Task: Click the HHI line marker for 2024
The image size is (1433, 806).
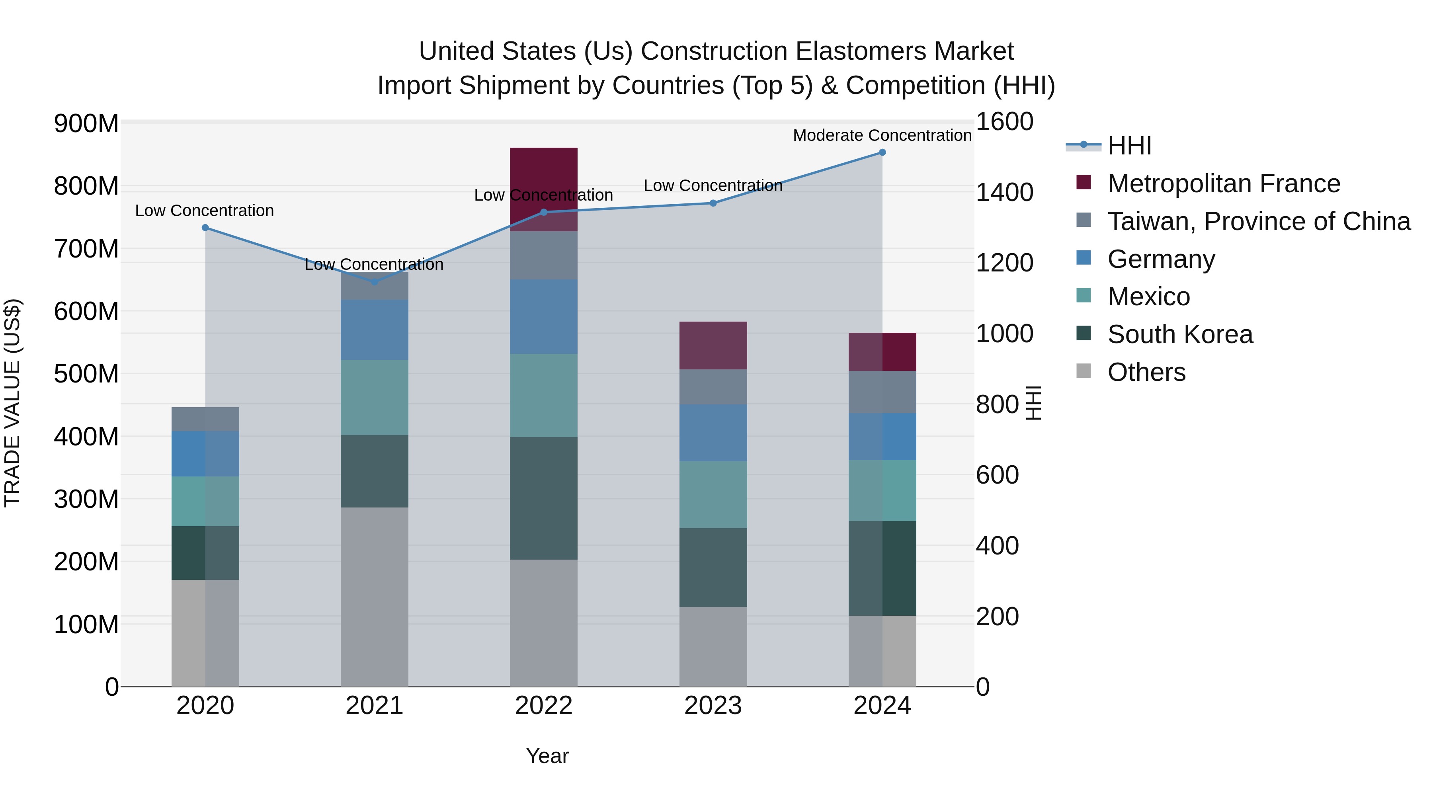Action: click(882, 152)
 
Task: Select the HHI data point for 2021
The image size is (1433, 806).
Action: click(375, 282)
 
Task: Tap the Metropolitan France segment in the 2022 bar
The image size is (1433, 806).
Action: click(543, 178)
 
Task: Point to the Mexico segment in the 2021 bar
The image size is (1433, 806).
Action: click(375, 397)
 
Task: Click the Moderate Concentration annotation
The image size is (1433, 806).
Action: click(882, 135)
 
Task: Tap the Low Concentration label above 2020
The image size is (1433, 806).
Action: click(205, 211)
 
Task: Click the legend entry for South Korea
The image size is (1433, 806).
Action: click(1179, 334)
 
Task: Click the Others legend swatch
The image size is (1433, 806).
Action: click(1084, 371)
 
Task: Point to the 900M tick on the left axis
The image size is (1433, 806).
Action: click(86, 123)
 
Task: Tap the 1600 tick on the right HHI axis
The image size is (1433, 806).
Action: click(1005, 121)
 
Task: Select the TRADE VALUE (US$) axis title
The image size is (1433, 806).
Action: click(12, 403)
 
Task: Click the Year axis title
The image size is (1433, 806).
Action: click(547, 756)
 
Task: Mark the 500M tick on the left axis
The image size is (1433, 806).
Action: click(86, 374)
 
